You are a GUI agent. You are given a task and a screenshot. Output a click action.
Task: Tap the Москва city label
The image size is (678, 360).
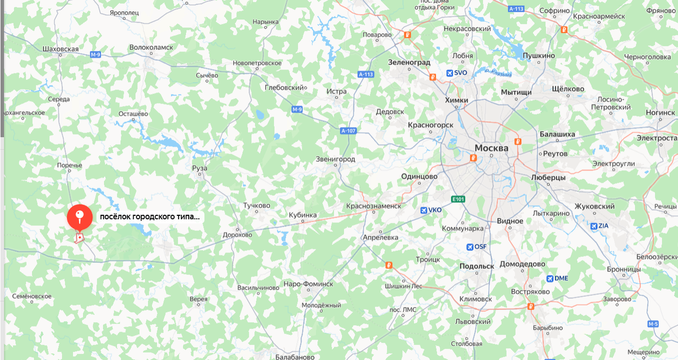coord(491,148)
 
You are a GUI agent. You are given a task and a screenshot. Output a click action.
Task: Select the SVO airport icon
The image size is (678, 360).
coord(450,73)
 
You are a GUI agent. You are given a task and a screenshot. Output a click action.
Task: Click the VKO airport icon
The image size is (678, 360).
coord(424,210)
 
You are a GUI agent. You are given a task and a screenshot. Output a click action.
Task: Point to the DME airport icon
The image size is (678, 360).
coord(550,278)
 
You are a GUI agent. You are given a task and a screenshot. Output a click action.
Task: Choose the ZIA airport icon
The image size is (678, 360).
coord(594,226)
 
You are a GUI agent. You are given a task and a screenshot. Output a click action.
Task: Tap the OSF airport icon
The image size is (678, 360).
coord(470,247)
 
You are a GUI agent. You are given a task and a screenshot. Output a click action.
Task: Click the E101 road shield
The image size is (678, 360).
coord(458,199)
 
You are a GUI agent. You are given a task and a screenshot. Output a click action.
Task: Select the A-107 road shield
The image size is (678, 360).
coord(349,131)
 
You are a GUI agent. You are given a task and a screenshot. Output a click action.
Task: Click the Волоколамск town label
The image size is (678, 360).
coord(151,48)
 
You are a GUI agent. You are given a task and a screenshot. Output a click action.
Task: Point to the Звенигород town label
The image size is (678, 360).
coord(336,159)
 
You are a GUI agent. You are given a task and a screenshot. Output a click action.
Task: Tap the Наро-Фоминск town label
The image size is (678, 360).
coord(308,284)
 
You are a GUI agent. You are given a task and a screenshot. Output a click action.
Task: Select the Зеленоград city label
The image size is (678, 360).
coord(409,63)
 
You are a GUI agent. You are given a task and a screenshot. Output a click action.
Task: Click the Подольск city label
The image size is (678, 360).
coord(477,266)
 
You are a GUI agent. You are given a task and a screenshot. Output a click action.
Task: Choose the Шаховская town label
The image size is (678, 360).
coord(60,49)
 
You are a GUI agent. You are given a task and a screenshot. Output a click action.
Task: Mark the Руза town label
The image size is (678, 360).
coord(199,168)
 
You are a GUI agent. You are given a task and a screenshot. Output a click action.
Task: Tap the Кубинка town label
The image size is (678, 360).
coord(303,215)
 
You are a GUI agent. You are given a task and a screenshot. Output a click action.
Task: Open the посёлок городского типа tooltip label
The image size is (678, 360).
coord(150,216)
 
